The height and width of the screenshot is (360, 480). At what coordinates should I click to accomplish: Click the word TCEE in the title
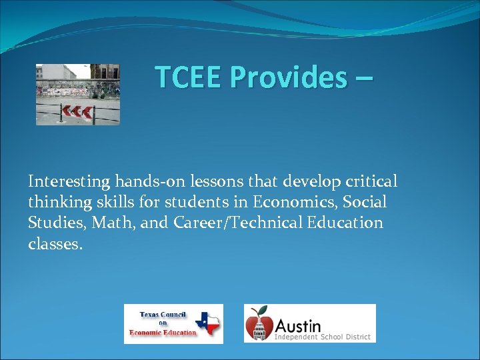[188, 77]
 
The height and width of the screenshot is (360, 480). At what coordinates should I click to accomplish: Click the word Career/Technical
[236, 223]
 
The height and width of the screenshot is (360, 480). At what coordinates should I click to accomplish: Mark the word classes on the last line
[55, 244]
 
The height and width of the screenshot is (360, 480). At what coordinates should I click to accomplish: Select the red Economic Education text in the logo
[163, 332]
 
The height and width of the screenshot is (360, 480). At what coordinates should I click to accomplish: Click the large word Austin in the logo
[298, 326]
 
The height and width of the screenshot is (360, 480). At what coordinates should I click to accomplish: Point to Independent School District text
[323, 337]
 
